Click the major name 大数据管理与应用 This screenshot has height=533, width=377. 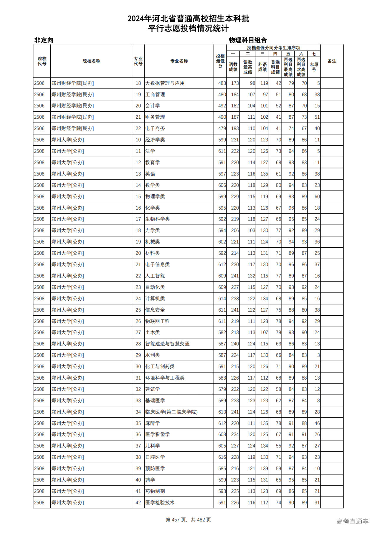pyautogui.click(x=165, y=83)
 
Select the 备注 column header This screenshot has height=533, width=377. pyautogui.click(x=332, y=61)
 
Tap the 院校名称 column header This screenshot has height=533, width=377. pyautogui.click(x=91, y=61)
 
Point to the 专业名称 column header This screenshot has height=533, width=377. pyautogui.click(x=179, y=61)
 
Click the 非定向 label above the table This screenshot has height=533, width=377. pyautogui.click(x=44, y=40)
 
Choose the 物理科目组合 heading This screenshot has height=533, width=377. pyautogui.click(x=248, y=40)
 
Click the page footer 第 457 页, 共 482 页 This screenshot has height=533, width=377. pyautogui.click(x=188, y=520)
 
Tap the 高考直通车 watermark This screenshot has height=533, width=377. pyautogui.click(x=352, y=521)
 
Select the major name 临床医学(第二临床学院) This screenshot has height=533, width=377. pyautogui.click(x=171, y=412)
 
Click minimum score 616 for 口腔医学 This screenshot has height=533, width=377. pyautogui.click(x=222, y=457)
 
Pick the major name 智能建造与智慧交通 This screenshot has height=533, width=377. pyautogui.click(x=167, y=344)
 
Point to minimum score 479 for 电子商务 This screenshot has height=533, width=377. pyautogui.click(x=222, y=129)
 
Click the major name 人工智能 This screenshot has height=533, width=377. pyautogui.click(x=155, y=276)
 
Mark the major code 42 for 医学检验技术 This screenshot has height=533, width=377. pyautogui.click(x=138, y=503)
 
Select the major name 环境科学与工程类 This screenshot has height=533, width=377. pyautogui.click(x=165, y=378)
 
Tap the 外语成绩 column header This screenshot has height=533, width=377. pyautogui.click(x=262, y=67)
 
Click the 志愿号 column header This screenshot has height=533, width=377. pyautogui.click(x=314, y=67)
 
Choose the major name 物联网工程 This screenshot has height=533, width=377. pyautogui.click(x=157, y=321)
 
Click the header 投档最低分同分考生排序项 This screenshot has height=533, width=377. pyautogui.click(x=273, y=48)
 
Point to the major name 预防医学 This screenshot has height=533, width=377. pyautogui.click(x=155, y=469)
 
